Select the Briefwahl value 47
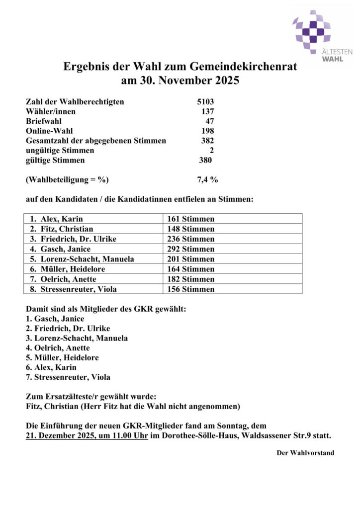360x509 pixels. (209, 121)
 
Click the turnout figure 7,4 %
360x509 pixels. (208, 179)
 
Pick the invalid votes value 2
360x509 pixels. (211, 150)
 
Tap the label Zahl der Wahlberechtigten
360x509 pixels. (75, 102)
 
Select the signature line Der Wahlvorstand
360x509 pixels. (305, 453)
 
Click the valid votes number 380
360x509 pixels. (205, 160)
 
